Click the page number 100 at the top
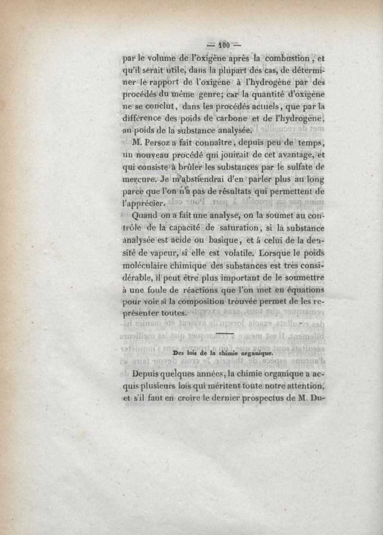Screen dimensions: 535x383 (x=222, y=47)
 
